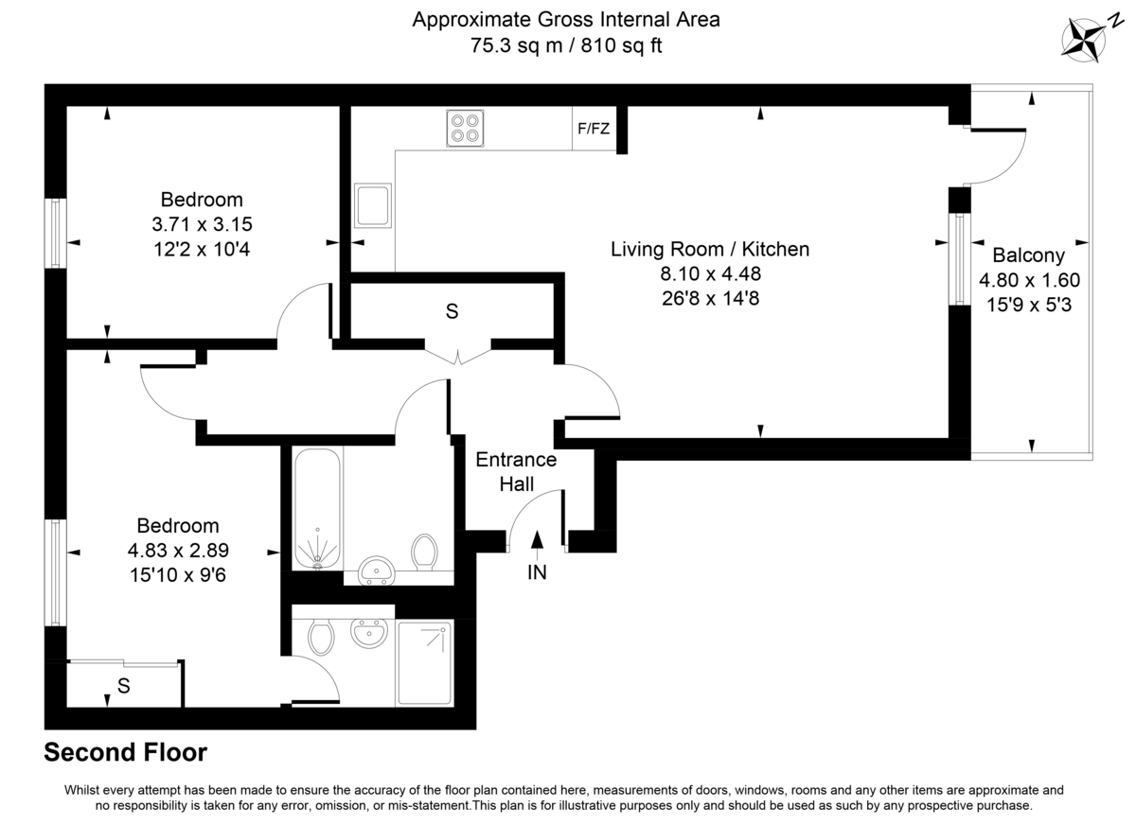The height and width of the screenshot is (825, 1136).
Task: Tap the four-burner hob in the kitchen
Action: pyautogui.click(x=464, y=129)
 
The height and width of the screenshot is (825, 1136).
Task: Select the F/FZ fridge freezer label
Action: pyautogui.click(x=594, y=129)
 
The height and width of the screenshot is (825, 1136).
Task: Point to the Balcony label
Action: pyautogui.click(x=1028, y=255)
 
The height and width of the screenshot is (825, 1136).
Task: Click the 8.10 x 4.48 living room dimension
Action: pyautogui.click(x=710, y=274)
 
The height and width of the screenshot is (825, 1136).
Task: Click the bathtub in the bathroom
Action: pyautogui.click(x=317, y=509)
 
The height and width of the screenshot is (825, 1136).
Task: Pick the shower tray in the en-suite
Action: pyautogui.click(x=424, y=662)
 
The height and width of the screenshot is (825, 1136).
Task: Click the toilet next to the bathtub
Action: pyautogui.click(x=424, y=553)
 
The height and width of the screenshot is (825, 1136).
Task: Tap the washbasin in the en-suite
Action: pyautogui.click(x=368, y=632)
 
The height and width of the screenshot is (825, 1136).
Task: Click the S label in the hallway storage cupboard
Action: pyautogui.click(x=453, y=310)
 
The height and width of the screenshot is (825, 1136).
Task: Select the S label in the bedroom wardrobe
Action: pyautogui.click(x=123, y=687)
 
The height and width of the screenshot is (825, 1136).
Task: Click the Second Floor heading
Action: pyautogui.click(x=126, y=753)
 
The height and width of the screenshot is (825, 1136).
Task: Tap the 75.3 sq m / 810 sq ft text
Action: pyautogui.click(x=566, y=44)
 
